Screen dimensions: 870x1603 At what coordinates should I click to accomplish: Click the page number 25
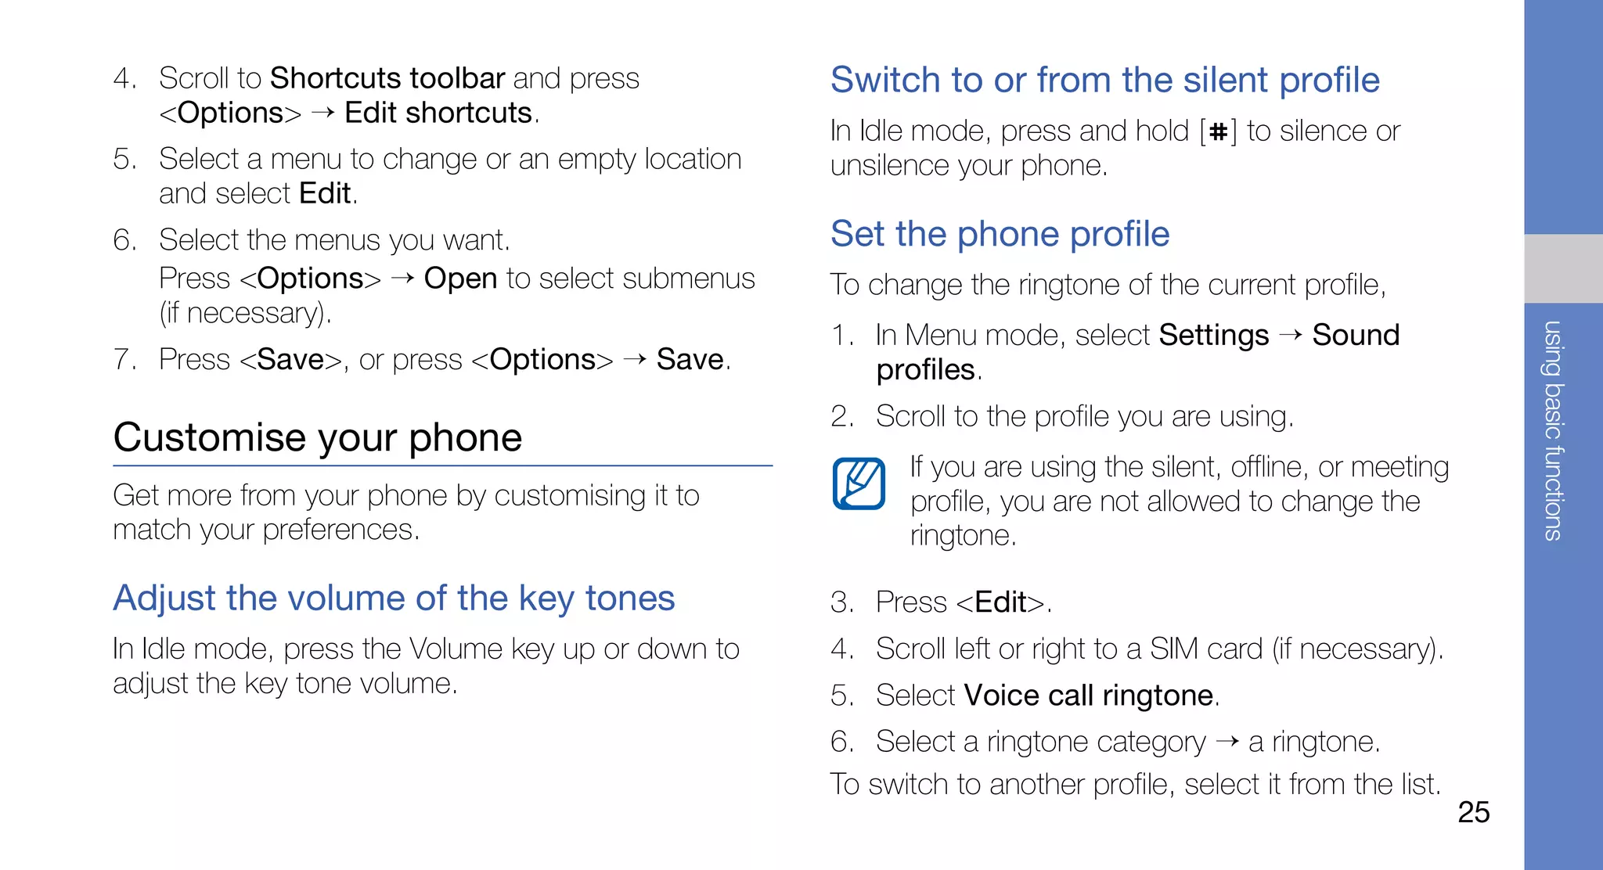(x=1473, y=812)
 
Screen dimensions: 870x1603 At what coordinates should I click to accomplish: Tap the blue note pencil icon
(x=859, y=484)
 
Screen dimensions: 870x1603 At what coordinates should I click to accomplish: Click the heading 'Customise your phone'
(x=317, y=437)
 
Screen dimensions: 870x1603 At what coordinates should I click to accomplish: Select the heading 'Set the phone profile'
(x=1000, y=234)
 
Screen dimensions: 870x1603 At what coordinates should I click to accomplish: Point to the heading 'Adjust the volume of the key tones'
(x=394, y=599)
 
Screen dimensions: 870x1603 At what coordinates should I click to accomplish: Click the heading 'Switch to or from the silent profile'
(x=1104, y=80)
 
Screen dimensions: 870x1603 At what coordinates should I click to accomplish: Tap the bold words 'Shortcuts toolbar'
(x=387, y=78)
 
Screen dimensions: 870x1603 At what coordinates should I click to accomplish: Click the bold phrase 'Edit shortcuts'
(x=438, y=113)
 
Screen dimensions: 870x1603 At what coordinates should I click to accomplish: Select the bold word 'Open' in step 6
(x=460, y=279)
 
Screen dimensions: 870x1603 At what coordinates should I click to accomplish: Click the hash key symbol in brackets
(x=1218, y=132)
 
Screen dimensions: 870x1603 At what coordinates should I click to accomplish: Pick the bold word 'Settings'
(x=1213, y=335)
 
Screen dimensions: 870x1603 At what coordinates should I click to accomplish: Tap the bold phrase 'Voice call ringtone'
(x=1089, y=696)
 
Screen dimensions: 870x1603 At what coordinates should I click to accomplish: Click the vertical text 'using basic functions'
(x=1553, y=430)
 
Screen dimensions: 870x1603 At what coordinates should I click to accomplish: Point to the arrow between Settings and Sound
(x=1291, y=335)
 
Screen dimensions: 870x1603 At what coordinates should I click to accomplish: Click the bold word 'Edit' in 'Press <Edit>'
(x=1000, y=602)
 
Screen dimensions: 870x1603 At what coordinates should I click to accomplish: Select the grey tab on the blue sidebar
(x=1563, y=268)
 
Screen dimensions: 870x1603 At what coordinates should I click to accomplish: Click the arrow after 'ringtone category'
(x=1227, y=741)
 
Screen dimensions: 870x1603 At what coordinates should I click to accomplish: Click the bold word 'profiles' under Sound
(x=925, y=370)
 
